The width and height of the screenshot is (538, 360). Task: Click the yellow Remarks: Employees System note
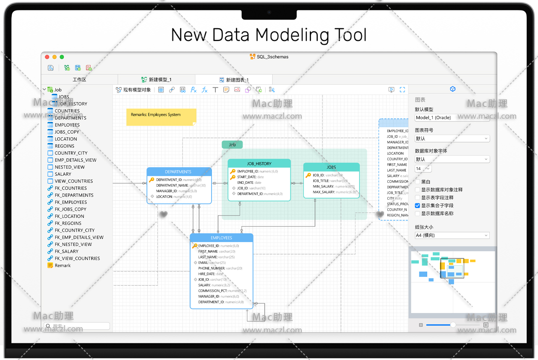pos(161,117)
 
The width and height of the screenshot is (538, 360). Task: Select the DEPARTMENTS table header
pos(179,172)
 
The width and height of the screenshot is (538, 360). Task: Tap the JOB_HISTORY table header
pos(259,164)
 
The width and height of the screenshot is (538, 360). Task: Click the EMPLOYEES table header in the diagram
pos(221,238)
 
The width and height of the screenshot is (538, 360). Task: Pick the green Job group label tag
pos(232,145)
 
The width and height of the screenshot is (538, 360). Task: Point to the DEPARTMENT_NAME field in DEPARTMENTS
pos(172,185)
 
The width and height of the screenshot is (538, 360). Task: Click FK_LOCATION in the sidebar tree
pos(69,216)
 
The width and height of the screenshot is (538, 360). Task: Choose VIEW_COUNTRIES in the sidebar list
pos(73,181)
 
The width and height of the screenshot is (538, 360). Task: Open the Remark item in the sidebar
pos(63,266)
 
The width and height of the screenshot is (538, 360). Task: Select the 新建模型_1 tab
pos(160,80)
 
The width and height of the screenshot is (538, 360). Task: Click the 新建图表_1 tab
pos(237,80)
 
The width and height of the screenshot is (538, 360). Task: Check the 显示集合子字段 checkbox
pos(418,206)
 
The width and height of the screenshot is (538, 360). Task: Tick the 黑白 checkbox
pos(418,182)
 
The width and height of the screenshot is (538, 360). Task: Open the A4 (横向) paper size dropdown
pos(452,235)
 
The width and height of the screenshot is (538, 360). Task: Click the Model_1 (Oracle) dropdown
pos(452,118)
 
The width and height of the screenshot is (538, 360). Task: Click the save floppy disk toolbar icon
pos(51,68)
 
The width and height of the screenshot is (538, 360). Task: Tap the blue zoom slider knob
pos(453,325)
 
